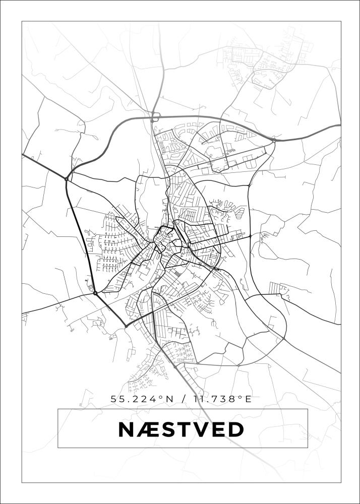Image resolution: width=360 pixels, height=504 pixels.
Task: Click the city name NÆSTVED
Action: (181, 430)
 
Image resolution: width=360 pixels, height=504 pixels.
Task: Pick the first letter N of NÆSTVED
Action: (126, 430)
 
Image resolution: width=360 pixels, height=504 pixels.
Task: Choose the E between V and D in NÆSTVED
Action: (218, 430)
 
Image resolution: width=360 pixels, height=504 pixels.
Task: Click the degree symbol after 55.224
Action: (161, 398)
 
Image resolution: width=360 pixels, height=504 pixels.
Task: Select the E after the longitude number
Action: (248, 399)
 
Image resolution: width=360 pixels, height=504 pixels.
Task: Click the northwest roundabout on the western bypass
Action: (67, 178)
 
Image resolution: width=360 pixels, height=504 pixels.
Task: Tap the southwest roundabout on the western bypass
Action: (95, 292)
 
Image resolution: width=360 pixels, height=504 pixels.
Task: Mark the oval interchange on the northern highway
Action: (155, 118)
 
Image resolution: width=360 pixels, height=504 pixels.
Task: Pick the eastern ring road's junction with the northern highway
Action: (274, 141)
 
